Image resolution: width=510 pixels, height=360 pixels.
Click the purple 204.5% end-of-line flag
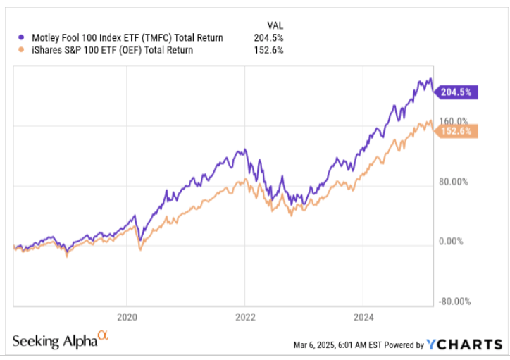point(458,92)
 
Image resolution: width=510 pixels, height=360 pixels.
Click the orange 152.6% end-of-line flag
point(458,131)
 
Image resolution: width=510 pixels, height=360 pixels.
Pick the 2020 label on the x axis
point(127,317)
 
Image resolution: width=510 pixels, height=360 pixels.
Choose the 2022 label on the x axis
point(244,317)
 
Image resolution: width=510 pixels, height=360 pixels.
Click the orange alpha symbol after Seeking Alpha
point(103,337)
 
